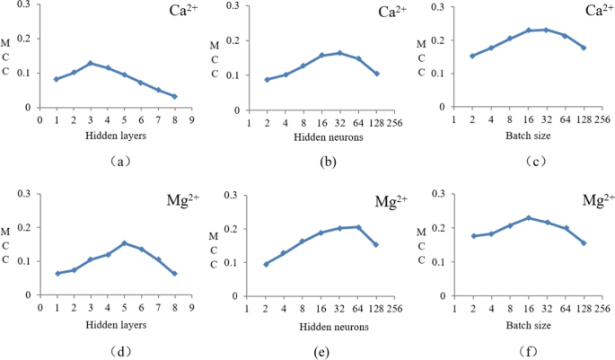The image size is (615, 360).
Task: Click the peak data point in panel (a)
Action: coord(90,63)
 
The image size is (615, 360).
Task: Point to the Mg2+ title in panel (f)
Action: coord(598,198)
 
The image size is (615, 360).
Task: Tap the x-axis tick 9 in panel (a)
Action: coord(191,119)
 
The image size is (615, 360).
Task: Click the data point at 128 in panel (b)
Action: coord(376,74)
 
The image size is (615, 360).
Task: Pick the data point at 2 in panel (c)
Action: coord(472,56)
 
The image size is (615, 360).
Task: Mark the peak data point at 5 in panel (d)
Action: coord(124,242)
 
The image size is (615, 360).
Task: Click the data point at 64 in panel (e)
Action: coord(358,227)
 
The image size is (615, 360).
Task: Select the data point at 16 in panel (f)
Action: coord(528,217)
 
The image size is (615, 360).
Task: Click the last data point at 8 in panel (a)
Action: coord(174,96)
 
